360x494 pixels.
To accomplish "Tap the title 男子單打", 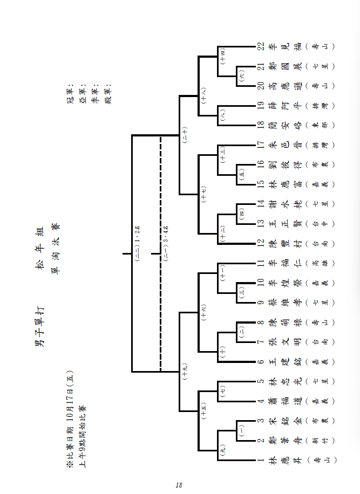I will [x=39, y=328].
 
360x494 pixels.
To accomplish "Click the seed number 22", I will [x=261, y=46].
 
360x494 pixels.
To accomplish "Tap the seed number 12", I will [x=261, y=244].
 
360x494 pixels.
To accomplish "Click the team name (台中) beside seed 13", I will [x=315, y=224].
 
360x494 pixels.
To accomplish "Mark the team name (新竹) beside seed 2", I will [x=315, y=441].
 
